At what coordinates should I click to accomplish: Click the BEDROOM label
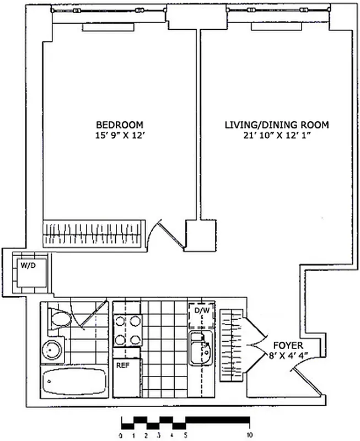pos(119,125)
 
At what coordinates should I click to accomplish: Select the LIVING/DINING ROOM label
pos(276,125)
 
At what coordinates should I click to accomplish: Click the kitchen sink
pos(201,348)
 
